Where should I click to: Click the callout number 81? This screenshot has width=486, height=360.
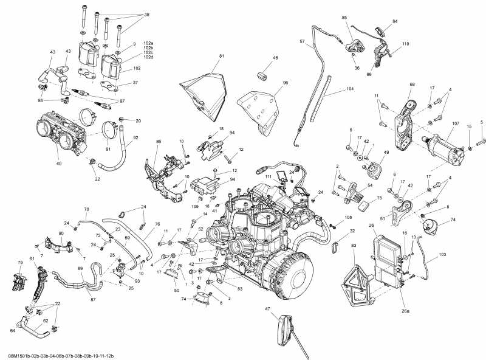point(222,57)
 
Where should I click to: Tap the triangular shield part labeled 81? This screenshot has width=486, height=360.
point(205,91)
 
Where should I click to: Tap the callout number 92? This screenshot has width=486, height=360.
point(135,138)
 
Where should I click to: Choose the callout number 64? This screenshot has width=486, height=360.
point(12,331)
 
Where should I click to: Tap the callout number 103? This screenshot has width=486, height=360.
point(442,254)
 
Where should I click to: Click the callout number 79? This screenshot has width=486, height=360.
point(12,263)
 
